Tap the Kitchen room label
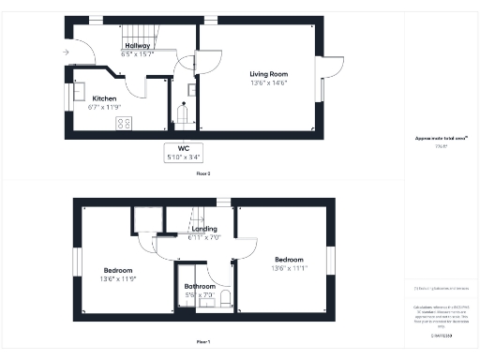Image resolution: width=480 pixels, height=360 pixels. coord(103,98)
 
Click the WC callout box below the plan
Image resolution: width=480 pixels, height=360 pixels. coord(183,152)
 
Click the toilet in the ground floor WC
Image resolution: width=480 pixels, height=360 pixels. coord(183,116)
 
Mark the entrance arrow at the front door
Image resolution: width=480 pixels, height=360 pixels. coord(67,52)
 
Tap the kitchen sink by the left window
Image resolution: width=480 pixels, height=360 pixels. coord(80,95)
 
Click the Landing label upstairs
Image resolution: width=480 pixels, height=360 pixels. coord(203,229)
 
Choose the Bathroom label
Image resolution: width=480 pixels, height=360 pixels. coord(200,287)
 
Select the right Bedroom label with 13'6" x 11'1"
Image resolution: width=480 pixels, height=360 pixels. coord(288,259)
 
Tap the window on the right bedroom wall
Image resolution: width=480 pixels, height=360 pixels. coord(330,260)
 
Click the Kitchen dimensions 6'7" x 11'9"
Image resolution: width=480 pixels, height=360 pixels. coord(104,107)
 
